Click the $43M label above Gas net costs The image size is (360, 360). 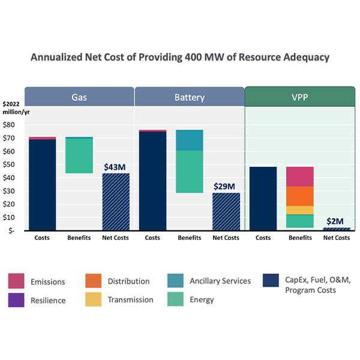tap(115, 166)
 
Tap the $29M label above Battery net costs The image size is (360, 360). tap(226, 186)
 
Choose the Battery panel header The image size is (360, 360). tap(190, 97)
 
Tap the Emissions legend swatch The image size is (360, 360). tap(16, 281)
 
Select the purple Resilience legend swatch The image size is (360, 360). tap(16, 299)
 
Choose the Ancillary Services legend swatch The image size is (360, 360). tap(175, 281)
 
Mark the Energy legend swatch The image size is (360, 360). tap(175, 299)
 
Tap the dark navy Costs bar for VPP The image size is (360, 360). tap(263, 199)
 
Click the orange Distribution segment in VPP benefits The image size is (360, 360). tap(299, 196)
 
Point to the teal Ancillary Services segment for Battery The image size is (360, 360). tap(189, 140)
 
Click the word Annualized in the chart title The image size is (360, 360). tap(59, 58)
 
